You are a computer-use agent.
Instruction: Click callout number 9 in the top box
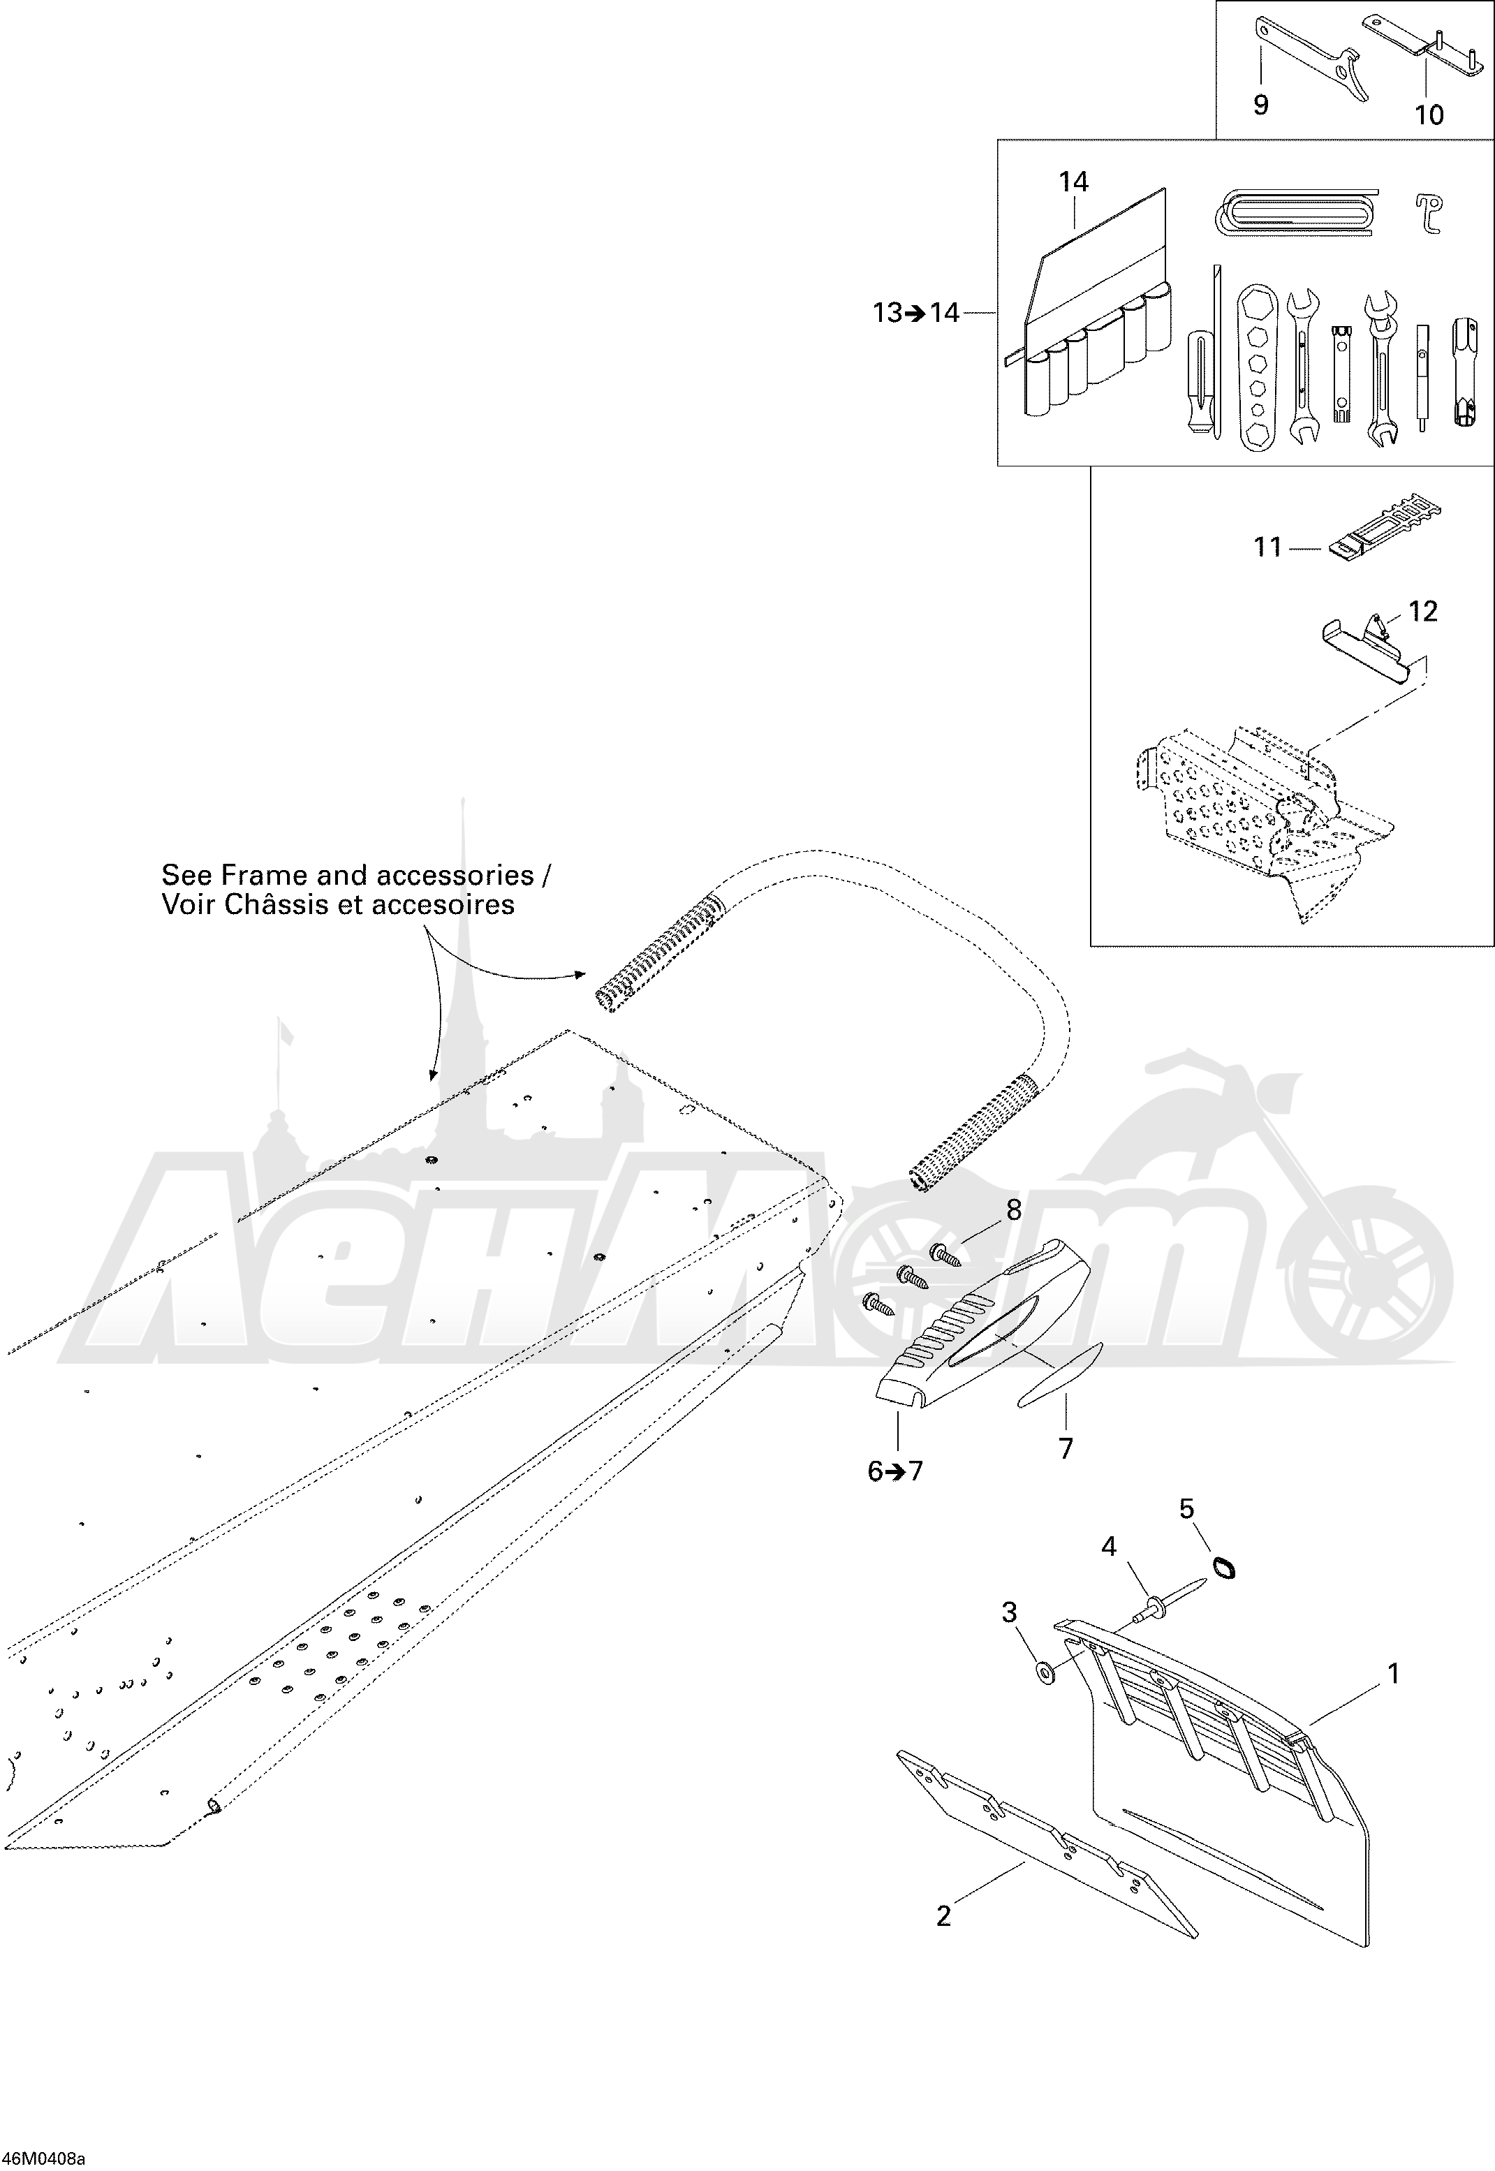point(1261,105)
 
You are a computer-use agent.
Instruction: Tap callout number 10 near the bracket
point(1429,115)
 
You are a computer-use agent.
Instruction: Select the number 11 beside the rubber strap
point(1267,547)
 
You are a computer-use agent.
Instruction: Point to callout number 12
point(1423,612)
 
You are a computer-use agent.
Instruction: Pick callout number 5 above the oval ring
point(1187,1509)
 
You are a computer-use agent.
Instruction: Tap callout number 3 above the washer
point(1009,1612)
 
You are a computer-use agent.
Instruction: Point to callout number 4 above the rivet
point(1109,1546)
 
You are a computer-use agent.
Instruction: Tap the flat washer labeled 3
point(1043,1672)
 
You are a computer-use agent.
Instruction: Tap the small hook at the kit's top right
point(1427,214)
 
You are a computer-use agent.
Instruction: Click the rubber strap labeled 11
point(1385,529)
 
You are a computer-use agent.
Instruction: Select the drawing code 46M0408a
point(43,2159)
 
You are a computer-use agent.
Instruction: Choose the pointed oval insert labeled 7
point(1061,1374)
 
